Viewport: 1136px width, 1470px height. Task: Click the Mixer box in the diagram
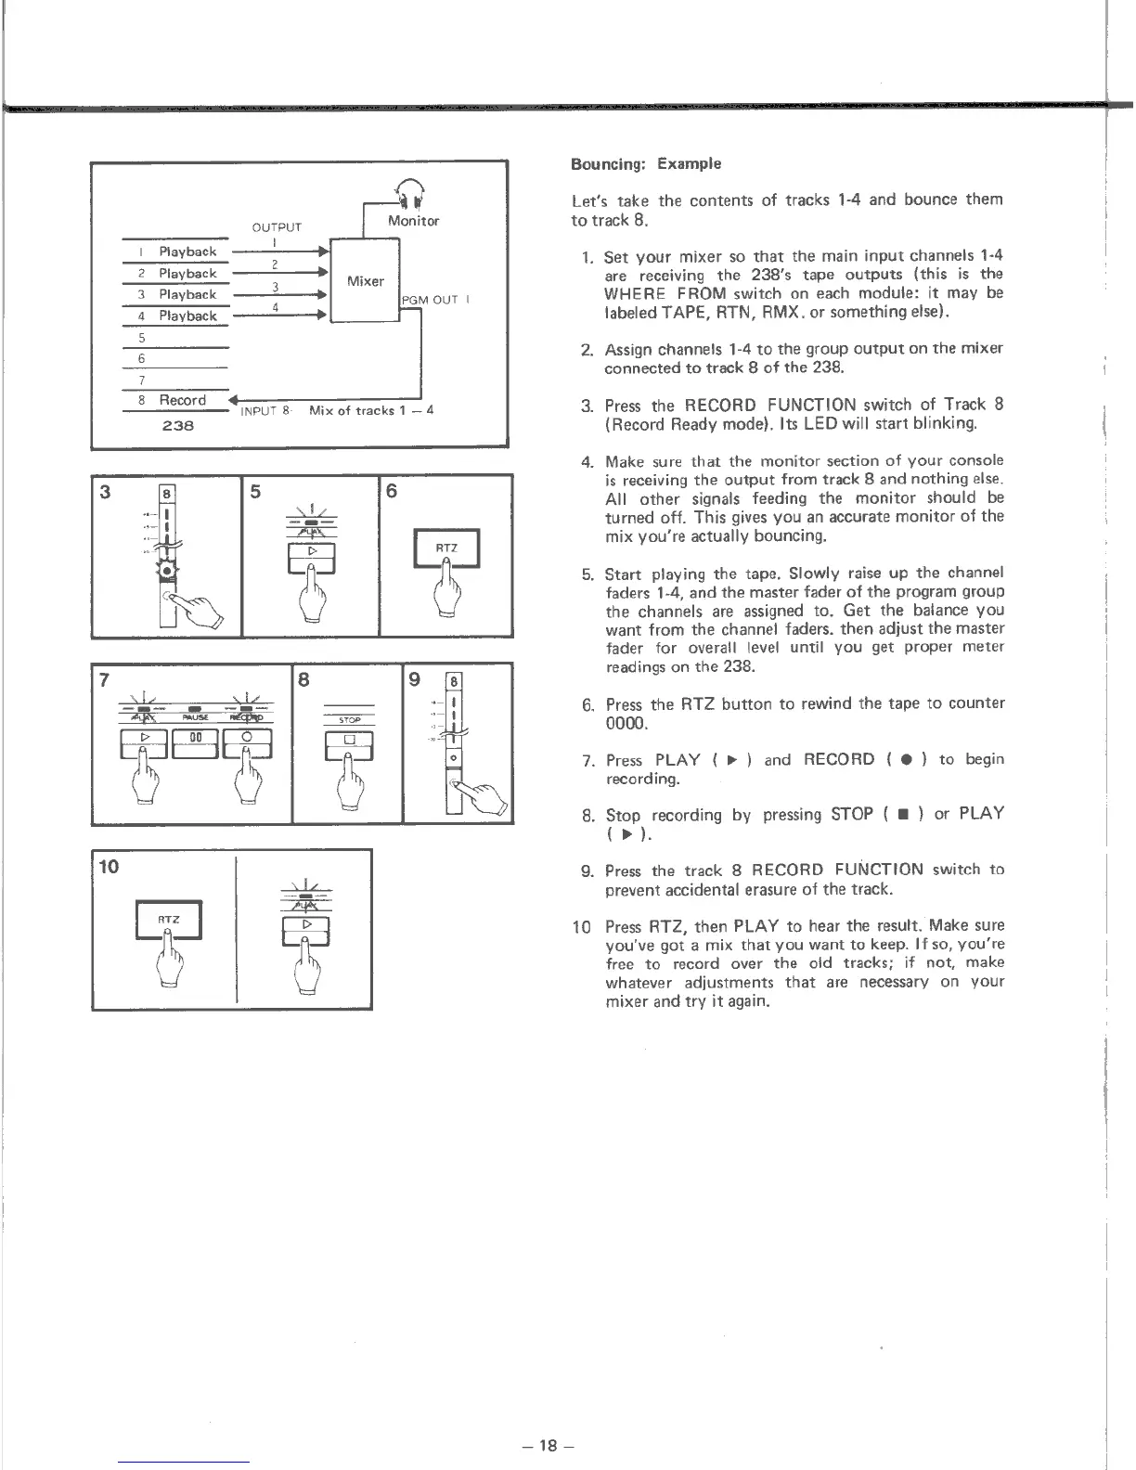(x=365, y=280)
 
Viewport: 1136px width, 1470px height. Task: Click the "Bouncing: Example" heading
(x=646, y=164)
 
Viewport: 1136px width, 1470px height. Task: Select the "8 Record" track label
(x=174, y=400)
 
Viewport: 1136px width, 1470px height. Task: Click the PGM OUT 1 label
(x=437, y=299)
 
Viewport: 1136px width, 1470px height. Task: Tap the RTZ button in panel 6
(x=447, y=548)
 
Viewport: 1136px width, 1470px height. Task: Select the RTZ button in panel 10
(x=169, y=920)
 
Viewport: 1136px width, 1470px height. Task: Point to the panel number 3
(x=105, y=492)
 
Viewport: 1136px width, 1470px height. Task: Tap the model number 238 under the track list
(x=176, y=426)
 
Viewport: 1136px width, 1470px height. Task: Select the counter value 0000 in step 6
(x=624, y=723)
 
